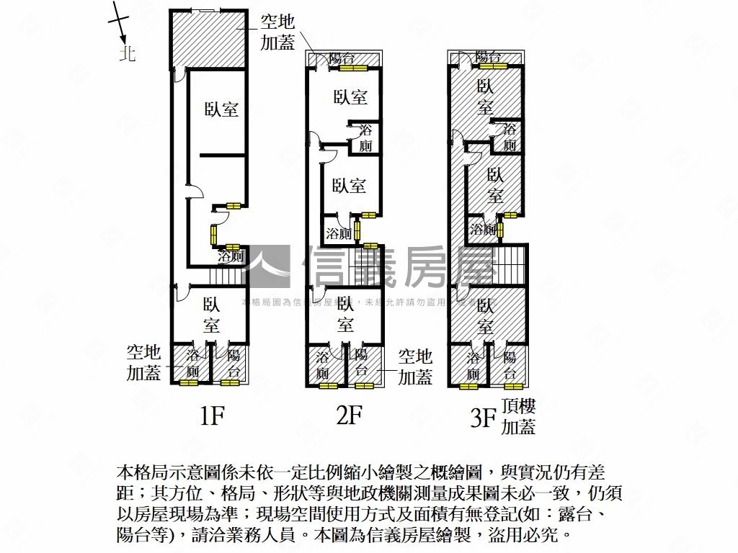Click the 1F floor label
(213, 415)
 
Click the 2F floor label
(349, 415)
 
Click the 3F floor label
(484, 418)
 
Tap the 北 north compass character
(128, 53)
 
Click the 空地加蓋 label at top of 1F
(277, 32)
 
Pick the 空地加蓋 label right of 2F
(416, 366)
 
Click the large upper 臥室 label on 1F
(221, 109)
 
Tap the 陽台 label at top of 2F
(341, 60)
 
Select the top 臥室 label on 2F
(350, 97)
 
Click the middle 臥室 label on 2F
(349, 186)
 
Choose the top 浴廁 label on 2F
(365, 138)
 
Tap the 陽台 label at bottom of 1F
(233, 364)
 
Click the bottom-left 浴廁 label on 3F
(474, 366)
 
